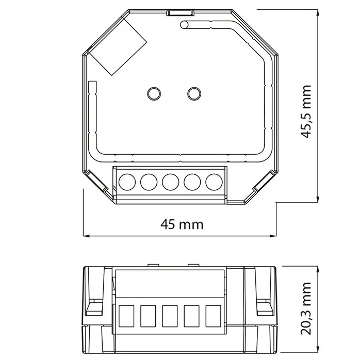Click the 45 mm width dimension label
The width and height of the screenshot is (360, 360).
(182, 224)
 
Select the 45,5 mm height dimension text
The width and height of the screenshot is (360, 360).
(308, 111)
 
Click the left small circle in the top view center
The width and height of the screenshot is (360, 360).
(154, 93)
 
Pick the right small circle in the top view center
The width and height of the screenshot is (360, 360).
(194, 93)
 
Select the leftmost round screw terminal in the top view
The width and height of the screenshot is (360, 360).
(126, 182)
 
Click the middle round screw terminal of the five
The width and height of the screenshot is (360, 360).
(170, 182)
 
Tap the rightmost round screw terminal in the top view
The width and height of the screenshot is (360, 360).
(213, 182)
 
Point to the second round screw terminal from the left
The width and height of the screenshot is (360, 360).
(148, 182)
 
